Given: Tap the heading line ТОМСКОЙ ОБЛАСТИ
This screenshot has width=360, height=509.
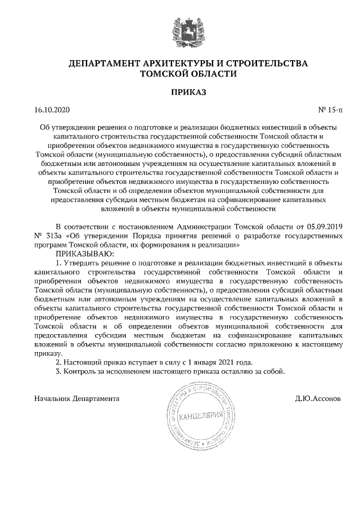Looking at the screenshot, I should [x=180, y=73].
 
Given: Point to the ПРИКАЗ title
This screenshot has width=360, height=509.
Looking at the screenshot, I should [x=180, y=92].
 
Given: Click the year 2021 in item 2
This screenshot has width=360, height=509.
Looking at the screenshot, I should [x=224, y=362].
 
